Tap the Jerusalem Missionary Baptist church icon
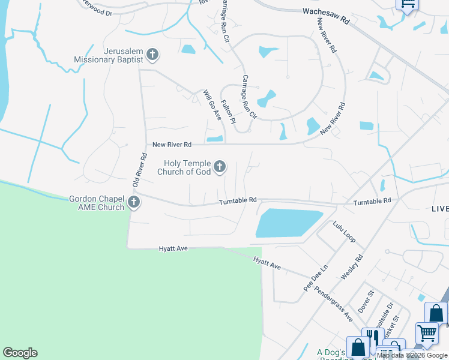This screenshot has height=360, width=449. (152, 55)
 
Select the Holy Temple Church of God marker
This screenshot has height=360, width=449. (220, 166)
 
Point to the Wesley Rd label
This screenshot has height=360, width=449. (352, 266)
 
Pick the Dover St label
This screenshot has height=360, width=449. (366, 301)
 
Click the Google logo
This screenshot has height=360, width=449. (20, 353)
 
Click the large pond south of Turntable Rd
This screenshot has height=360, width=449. (288, 223)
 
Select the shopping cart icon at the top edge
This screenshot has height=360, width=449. (408, 4)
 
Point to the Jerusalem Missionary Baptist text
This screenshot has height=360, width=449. (109, 56)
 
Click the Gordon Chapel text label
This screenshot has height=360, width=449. (96, 199)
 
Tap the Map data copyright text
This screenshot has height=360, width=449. (412, 355)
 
